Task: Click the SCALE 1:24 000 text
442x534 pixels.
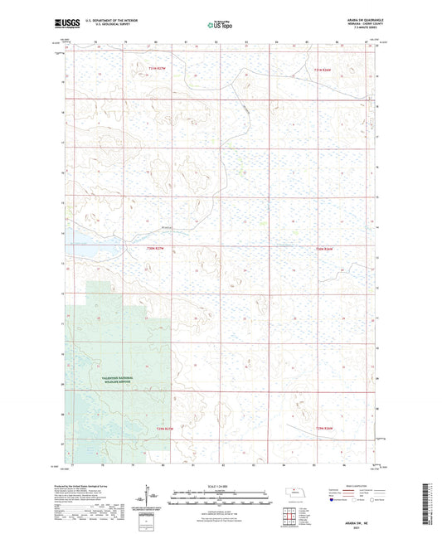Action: pyautogui.click(x=220, y=485)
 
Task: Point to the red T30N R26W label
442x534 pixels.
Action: pyautogui.click(x=323, y=248)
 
